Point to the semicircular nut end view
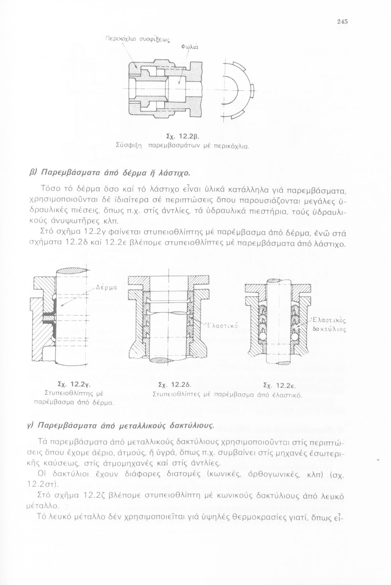(238, 90)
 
